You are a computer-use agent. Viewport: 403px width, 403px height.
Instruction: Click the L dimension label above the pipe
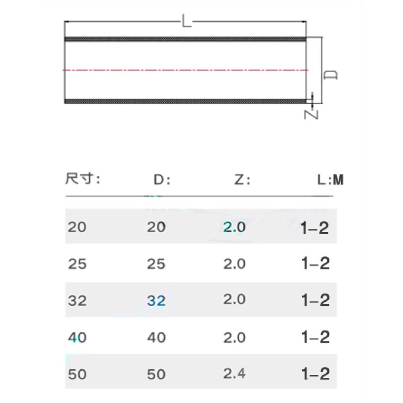[x=187, y=21]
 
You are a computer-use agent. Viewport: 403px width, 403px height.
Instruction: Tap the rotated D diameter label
[x=331, y=75]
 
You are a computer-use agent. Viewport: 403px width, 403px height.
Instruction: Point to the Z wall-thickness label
[x=311, y=115]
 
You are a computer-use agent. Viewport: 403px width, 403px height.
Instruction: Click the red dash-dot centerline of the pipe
[x=185, y=70]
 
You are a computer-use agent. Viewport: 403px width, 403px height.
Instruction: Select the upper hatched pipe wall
[x=185, y=39]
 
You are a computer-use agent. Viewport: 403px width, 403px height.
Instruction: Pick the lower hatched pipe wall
[x=185, y=101]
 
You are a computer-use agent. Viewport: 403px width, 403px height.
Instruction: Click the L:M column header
[x=330, y=180]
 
